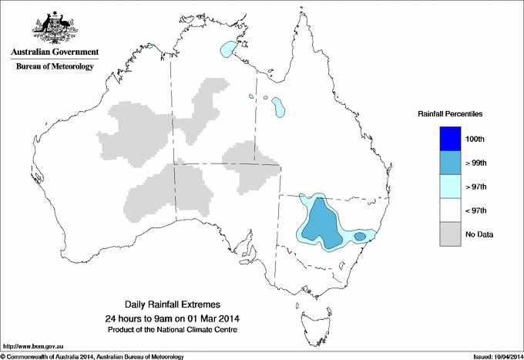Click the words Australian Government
coord(54,52)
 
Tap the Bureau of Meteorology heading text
coord(54,67)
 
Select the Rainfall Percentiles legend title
coord(450,113)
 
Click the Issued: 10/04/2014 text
coord(492,356)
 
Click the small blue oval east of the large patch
coord(359,235)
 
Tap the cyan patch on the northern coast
coord(227,49)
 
